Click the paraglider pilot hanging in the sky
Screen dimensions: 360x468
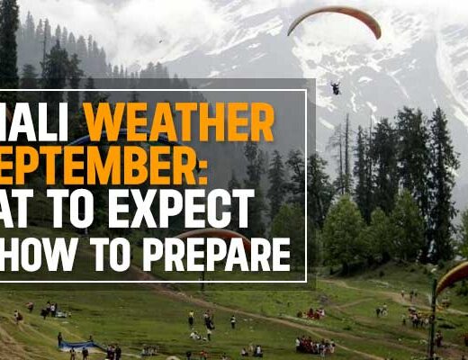pyautogui.click(x=336, y=87)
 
